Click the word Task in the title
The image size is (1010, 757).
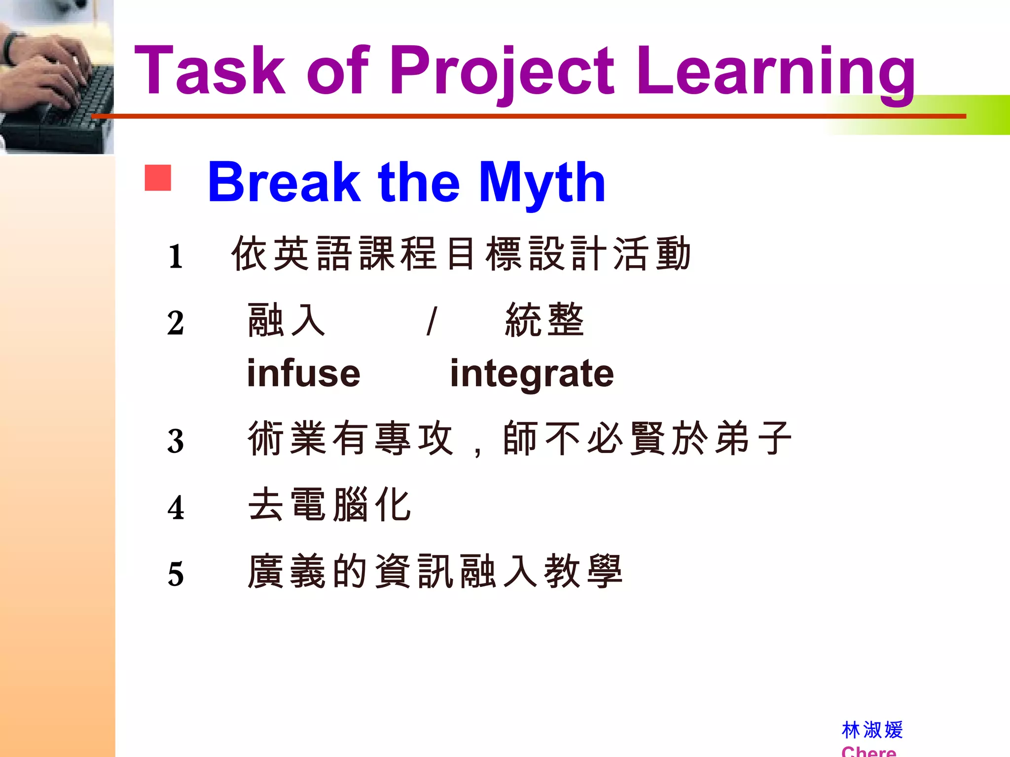tap(210, 70)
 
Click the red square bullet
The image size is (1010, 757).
tap(158, 178)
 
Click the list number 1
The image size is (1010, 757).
tap(176, 256)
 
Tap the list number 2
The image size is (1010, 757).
tap(176, 323)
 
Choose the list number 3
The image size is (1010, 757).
tap(176, 441)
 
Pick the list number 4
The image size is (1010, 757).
tap(176, 508)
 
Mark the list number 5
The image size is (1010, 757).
tap(176, 574)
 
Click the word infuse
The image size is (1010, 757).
tap(303, 373)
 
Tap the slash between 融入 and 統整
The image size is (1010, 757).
tap(432, 321)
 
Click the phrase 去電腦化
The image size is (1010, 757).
tap(329, 505)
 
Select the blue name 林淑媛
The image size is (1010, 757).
tap(872, 730)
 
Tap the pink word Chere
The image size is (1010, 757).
tap(868, 751)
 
